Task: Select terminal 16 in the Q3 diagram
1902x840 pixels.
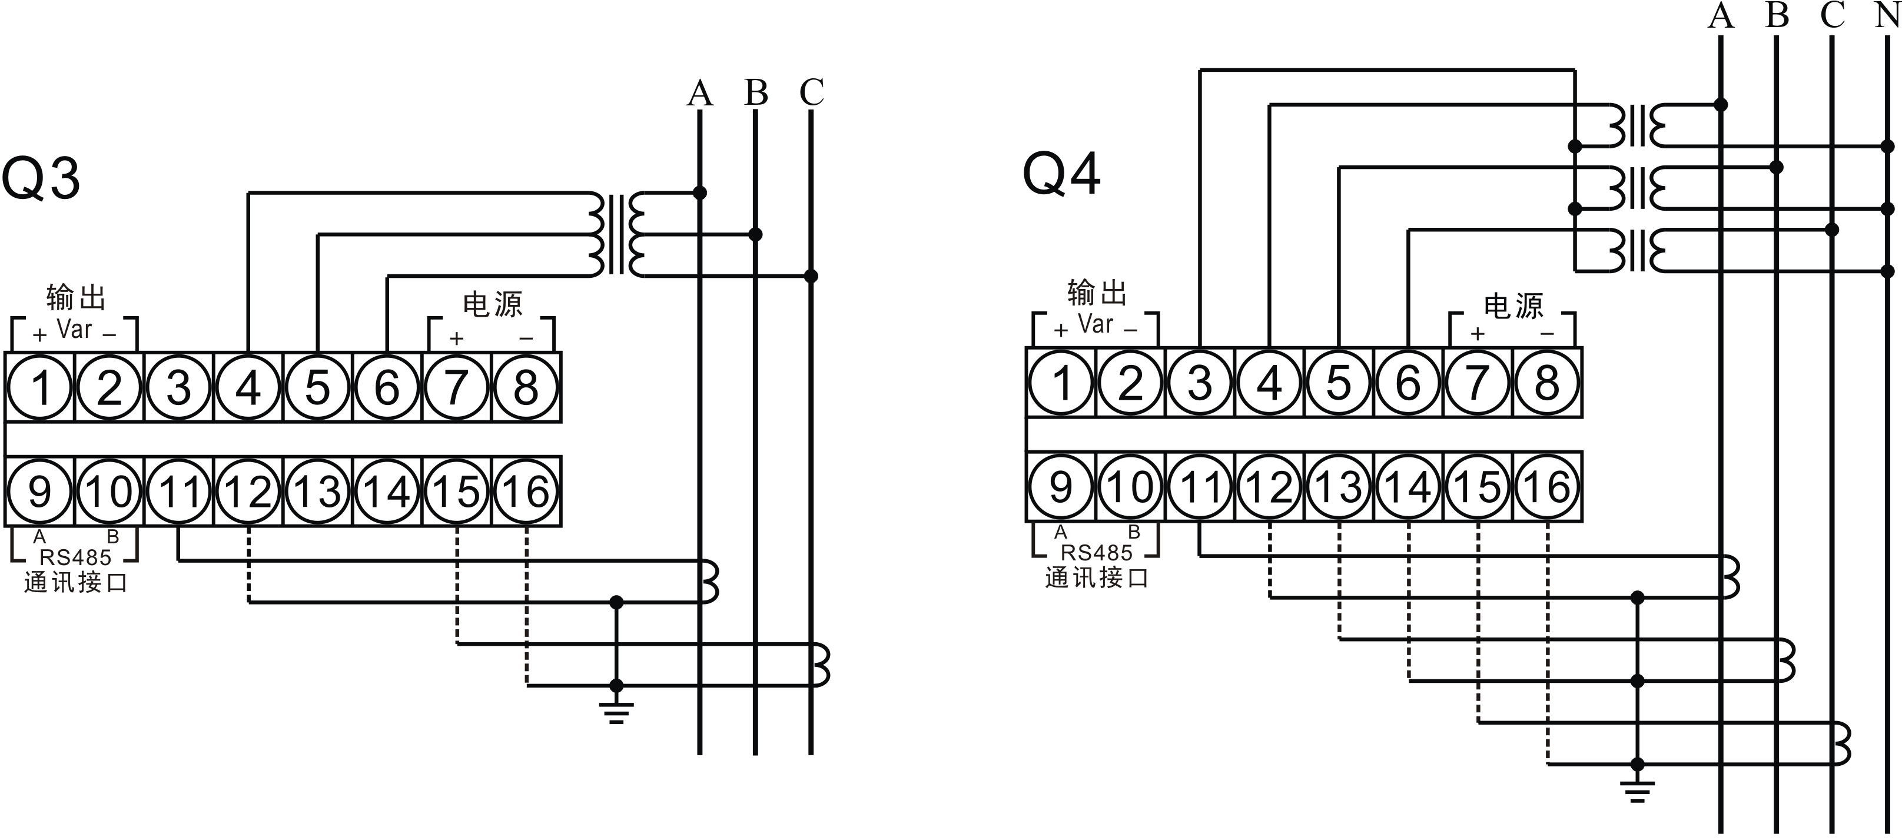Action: tap(526, 491)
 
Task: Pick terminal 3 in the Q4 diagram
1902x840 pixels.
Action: tap(1200, 383)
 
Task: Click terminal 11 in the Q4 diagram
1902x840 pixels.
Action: tap(1200, 486)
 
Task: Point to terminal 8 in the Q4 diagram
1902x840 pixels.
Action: tap(1547, 383)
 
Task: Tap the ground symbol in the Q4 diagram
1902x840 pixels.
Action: tap(1638, 791)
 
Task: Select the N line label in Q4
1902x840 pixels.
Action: tap(1887, 15)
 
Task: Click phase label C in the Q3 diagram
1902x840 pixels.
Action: tap(811, 92)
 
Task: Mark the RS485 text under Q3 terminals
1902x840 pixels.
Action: tap(75, 557)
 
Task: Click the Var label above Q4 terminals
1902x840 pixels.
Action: tap(1096, 323)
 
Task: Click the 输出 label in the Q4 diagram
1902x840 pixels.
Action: tap(1097, 293)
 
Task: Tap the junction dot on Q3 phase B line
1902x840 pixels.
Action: tap(755, 235)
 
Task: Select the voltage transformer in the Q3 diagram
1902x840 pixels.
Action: tap(616, 235)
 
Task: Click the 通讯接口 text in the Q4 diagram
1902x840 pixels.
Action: tap(1097, 578)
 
